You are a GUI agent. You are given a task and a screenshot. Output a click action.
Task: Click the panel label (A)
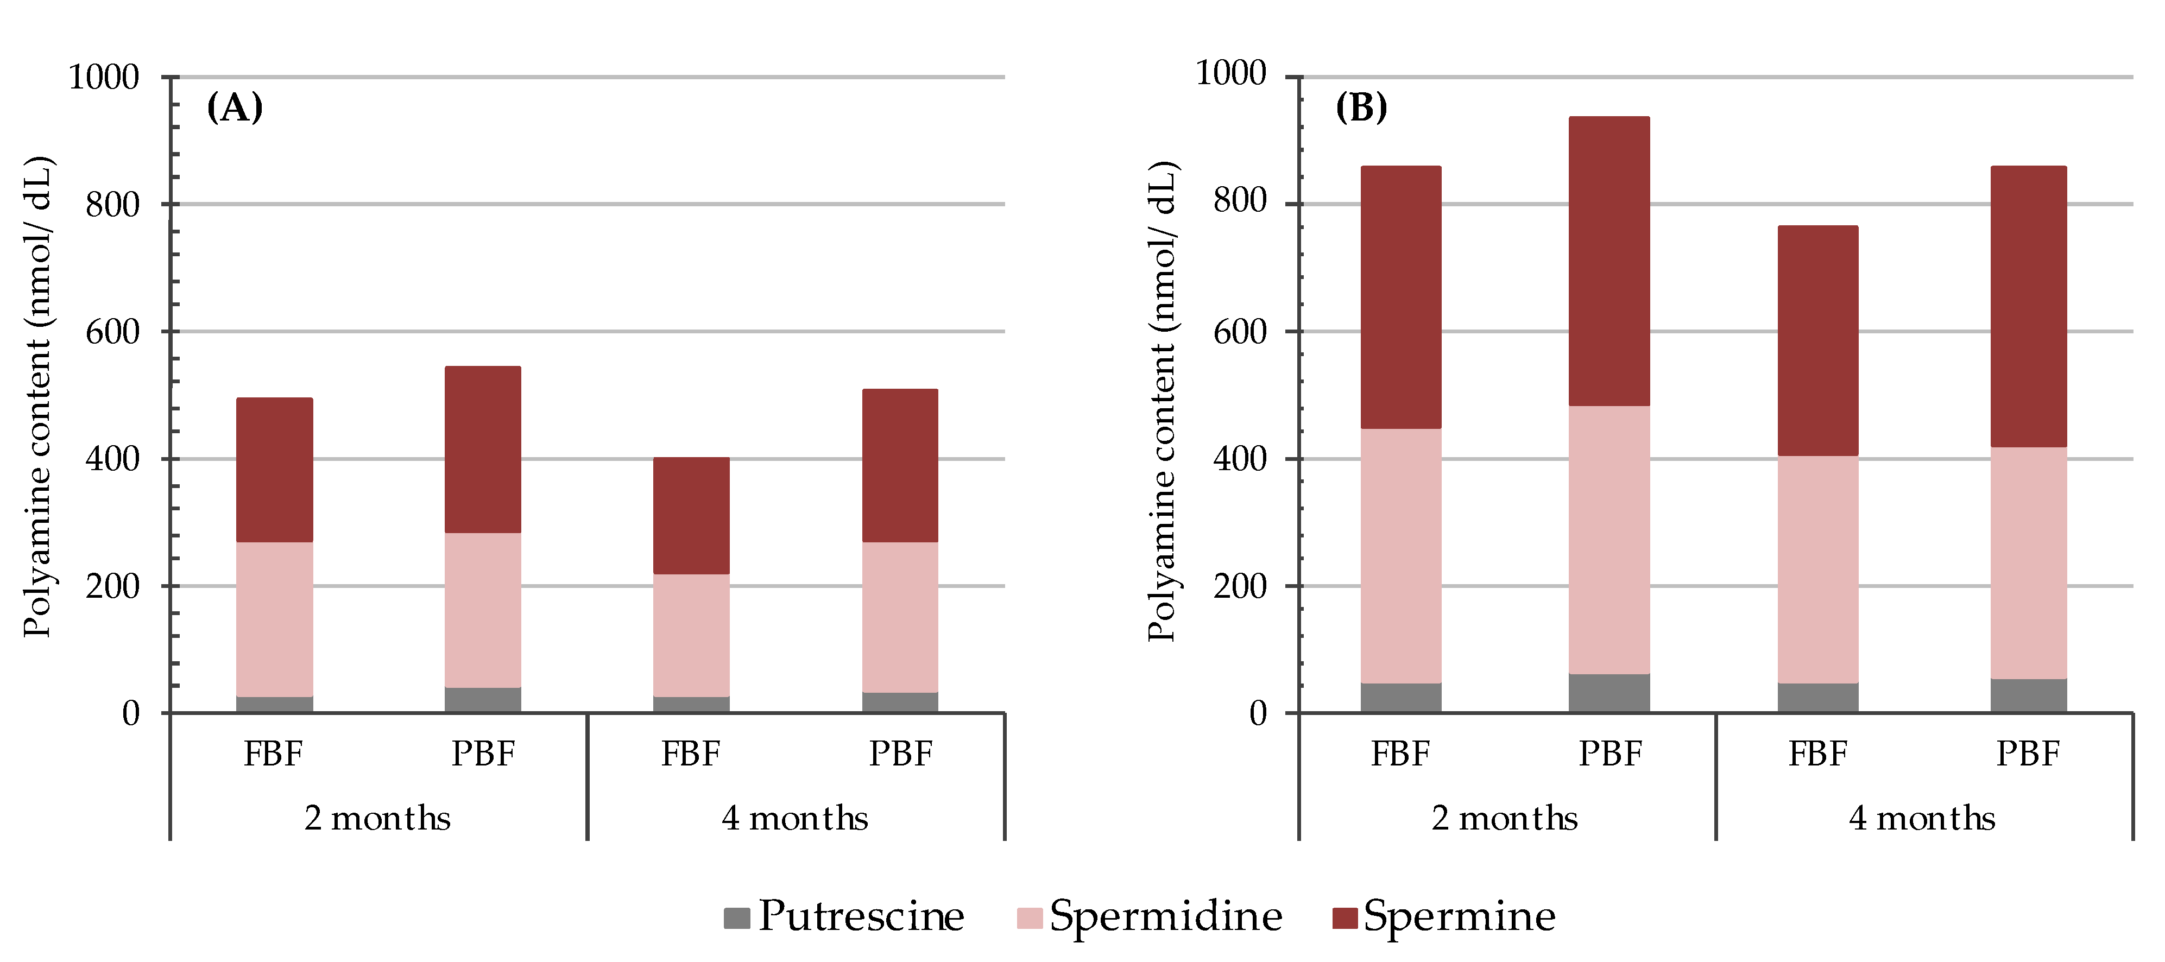pos(235,107)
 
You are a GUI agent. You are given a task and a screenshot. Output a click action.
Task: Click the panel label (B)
pos(1361,107)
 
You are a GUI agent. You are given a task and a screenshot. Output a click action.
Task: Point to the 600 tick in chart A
pos(112,332)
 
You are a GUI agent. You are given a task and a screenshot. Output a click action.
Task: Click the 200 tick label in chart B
pos(1240,586)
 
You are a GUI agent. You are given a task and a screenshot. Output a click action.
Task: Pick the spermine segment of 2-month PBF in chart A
pos(482,450)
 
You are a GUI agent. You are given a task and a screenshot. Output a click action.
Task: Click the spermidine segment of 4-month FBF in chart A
pos(691,635)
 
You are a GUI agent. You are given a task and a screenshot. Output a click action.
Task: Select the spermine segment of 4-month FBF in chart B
pos(1817,340)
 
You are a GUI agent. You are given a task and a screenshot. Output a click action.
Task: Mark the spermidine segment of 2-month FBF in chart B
pos(1400,555)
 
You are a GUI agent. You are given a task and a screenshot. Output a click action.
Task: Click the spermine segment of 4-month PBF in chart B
pos(2028,307)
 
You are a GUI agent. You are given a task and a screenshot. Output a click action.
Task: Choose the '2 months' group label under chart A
pos(377,818)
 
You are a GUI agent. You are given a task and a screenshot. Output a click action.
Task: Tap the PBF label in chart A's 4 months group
pos(900,754)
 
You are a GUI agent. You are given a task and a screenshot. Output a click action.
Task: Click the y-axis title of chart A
pos(37,396)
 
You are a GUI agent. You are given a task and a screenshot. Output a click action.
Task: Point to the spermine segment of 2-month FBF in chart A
pos(274,470)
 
